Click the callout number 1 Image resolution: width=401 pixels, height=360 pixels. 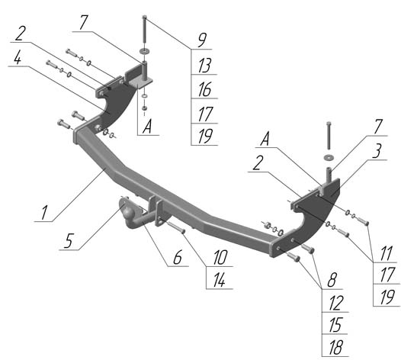coord(44,213)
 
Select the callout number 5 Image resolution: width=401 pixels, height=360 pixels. coord(68,241)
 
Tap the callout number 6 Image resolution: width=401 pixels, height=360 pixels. coord(178,257)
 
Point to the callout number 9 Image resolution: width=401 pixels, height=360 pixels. coord(202,40)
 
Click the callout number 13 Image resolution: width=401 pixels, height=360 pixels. coord(204,66)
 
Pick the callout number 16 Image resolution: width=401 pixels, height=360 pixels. coord(204,89)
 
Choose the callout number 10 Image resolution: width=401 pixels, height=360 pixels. coord(220,257)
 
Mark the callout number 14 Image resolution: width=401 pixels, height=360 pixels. coord(220,281)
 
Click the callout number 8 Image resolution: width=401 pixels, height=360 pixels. coord(332,280)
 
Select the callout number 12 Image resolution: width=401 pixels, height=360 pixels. coord(335,304)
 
